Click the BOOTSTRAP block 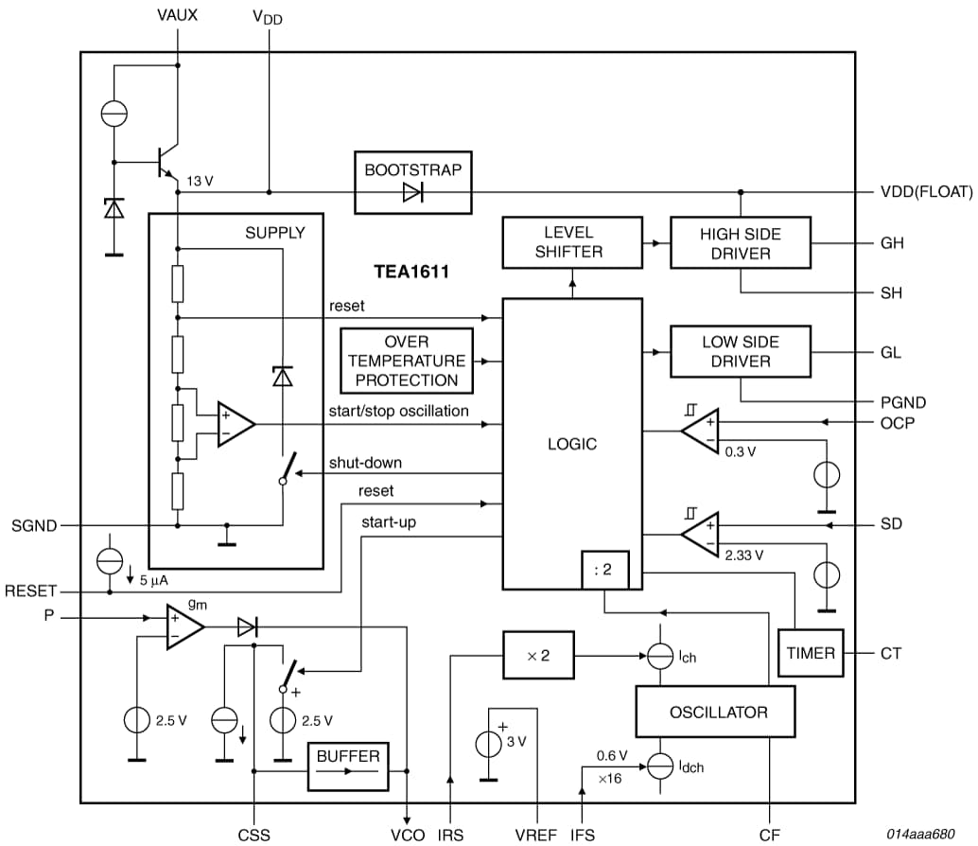coord(412,182)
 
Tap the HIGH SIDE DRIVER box coord(741,243)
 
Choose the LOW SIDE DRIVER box coord(741,351)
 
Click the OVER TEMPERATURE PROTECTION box coord(407,361)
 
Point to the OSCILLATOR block coord(715,712)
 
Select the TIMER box coord(811,653)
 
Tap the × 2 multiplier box coord(537,656)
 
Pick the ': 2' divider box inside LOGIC coord(603,571)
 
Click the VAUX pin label coord(179,14)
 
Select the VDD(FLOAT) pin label coord(926,192)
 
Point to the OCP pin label coord(898,422)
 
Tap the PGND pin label coord(903,402)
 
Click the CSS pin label coord(253,834)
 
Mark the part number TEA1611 coord(410,273)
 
